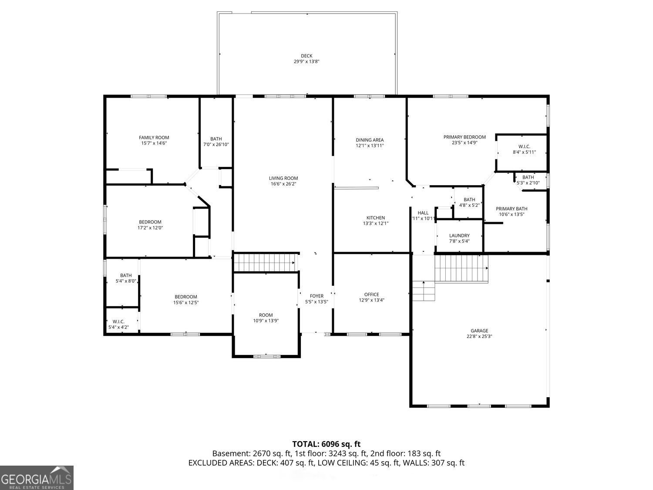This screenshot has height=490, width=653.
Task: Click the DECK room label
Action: tap(306, 56)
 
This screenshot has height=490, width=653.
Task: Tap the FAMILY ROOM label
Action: tap(154, 138)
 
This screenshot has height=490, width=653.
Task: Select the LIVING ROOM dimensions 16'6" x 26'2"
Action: tap(283, 184)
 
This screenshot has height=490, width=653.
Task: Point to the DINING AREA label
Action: tap(370, 140)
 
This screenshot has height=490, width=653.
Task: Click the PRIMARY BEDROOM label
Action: tap(465, 137)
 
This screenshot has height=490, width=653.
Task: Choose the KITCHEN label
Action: tap(375, 218)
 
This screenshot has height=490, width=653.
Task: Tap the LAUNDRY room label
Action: tap(459, 236)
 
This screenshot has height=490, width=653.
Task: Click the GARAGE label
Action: tap(479, 331)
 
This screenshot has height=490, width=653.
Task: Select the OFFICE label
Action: tap(372, 294)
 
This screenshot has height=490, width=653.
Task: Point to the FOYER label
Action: tap(316, 296)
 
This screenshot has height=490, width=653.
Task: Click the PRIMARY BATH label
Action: tap(512, 209)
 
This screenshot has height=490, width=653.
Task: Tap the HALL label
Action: tap(423, 213)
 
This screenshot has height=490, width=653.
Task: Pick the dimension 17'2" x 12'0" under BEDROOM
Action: tap(150, 228)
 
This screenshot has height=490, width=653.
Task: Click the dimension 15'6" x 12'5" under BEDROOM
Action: tap(186, 302)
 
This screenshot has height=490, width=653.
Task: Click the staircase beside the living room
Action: tap(266, 262)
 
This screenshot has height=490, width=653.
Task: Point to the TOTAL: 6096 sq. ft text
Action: tap(326, 444)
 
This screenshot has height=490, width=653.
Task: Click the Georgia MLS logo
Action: tap(37, 478)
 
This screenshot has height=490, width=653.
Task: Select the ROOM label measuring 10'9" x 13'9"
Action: tap(266, 315)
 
